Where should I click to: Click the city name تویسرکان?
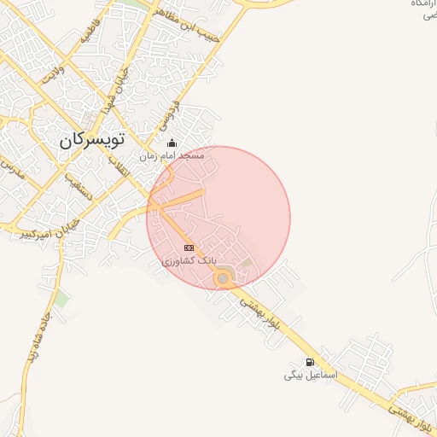[x=92, y=139]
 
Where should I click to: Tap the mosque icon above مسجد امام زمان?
[x=172, y=143]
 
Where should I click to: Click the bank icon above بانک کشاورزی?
[x=189, y=248]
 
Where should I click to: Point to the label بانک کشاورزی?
[x=189, y=259]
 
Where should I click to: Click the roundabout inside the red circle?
[x=223, y=277]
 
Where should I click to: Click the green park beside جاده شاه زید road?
[x=61, y=299]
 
